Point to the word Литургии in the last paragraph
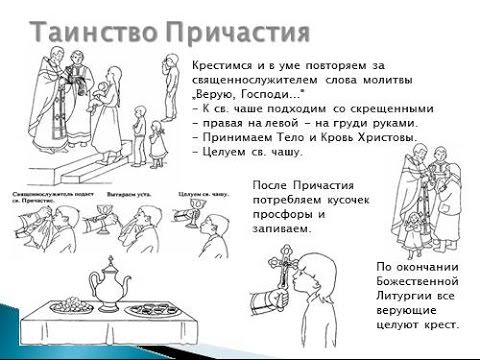(409, 296)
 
